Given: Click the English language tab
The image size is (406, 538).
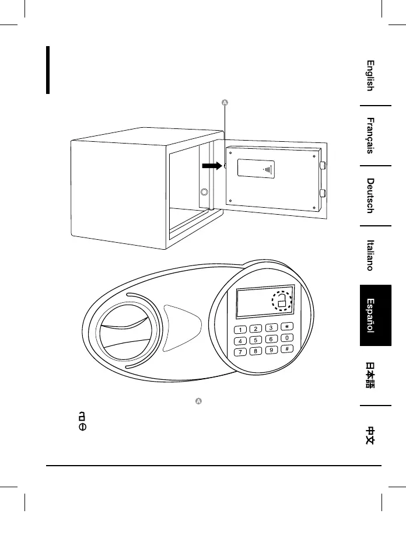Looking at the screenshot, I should click(370, 75).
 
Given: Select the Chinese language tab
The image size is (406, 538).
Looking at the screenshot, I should click(370, 435).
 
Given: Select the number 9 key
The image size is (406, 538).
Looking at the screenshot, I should click(271, 350).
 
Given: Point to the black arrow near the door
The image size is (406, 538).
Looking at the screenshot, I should click(212, 166).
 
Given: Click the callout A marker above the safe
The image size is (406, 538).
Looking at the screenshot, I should click(225, 103).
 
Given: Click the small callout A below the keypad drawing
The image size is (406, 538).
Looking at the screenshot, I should click(198, 401).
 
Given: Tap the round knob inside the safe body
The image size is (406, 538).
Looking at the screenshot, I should click(204, 192).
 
